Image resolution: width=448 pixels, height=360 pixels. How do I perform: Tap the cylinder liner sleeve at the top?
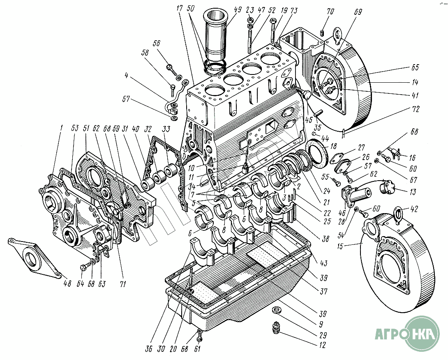[x=216, y=37]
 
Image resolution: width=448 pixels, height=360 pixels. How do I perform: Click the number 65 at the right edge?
[x=415, y=67]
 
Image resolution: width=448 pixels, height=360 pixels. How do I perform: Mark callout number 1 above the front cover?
[x=61, y=128]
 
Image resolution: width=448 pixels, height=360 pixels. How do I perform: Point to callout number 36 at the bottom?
[x=149, y=349]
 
